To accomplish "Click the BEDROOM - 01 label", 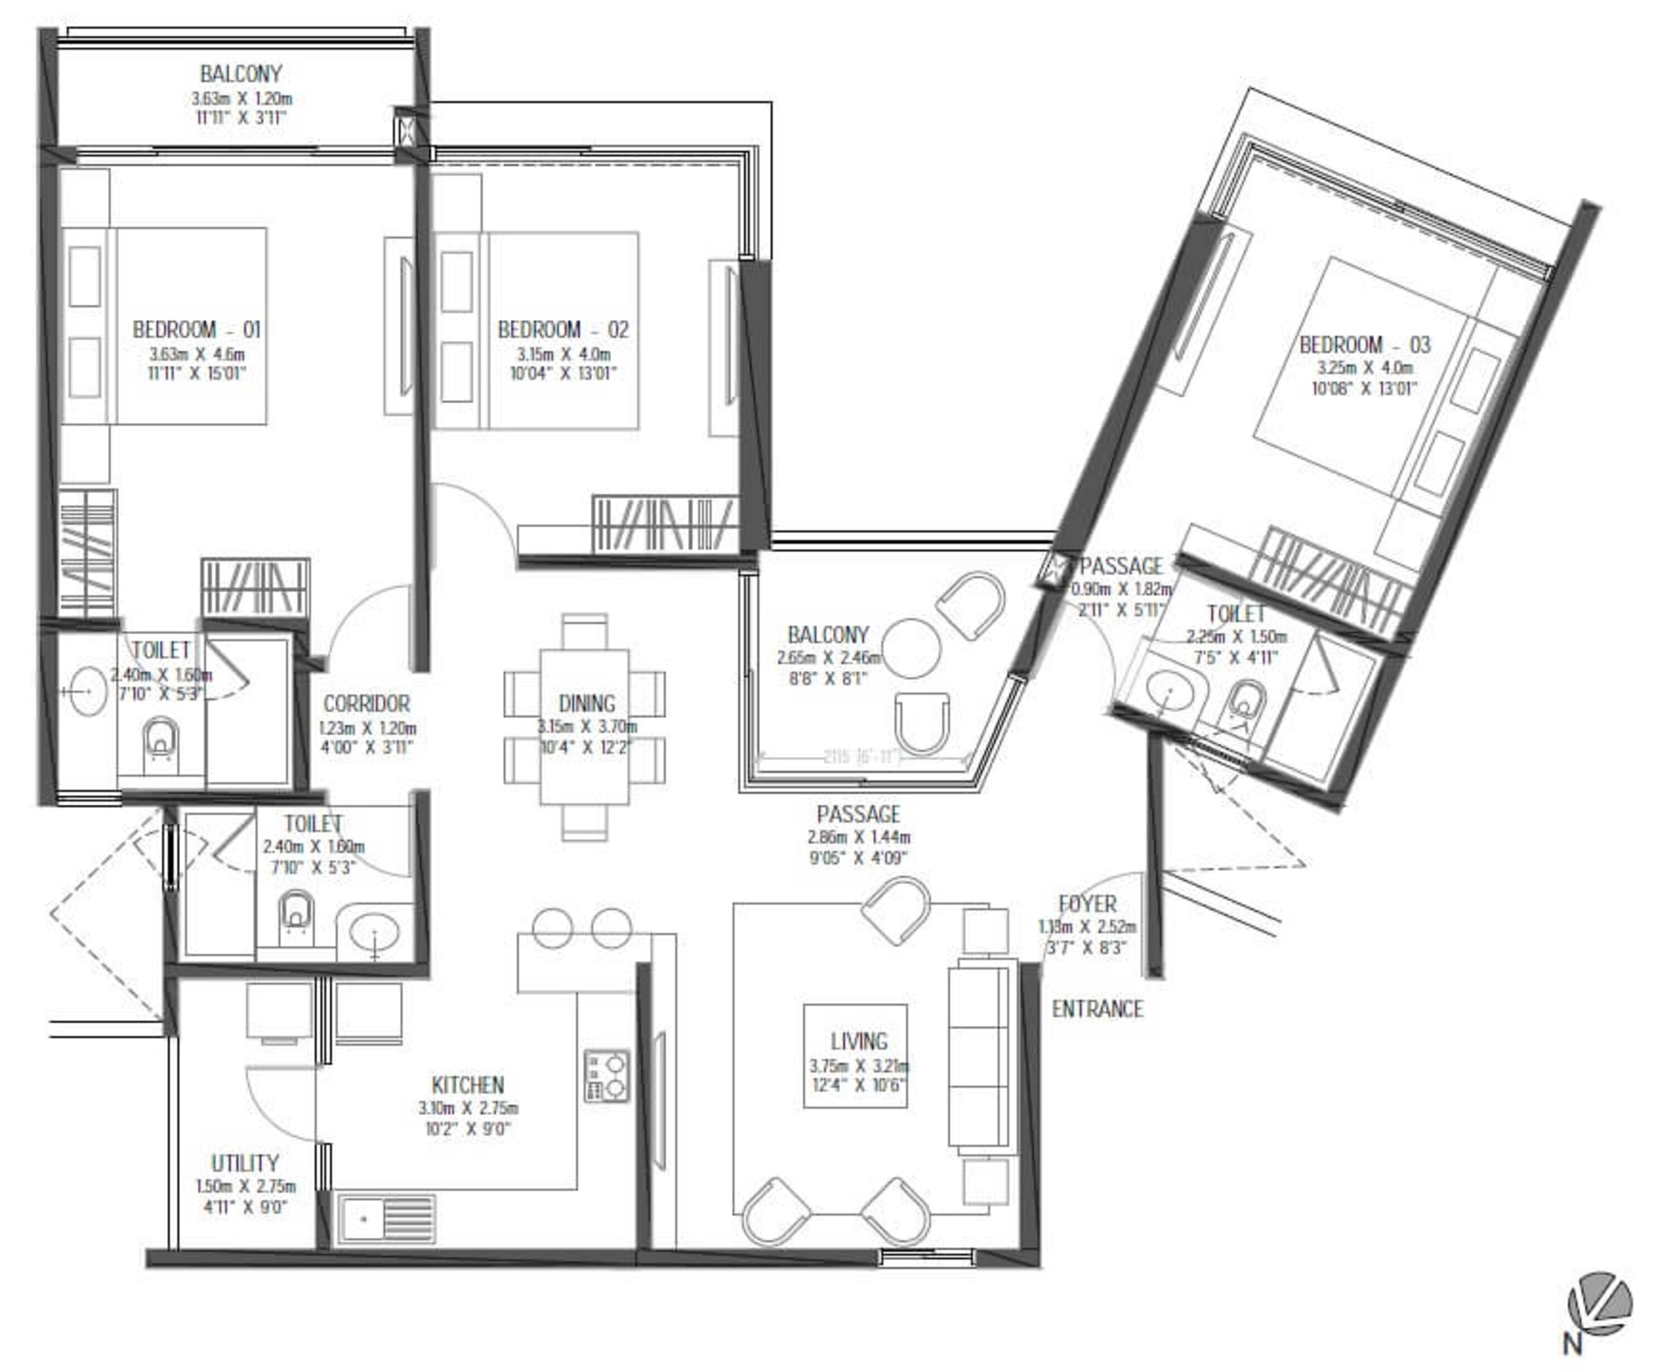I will [196, 330].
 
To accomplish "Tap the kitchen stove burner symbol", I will [606, 1076].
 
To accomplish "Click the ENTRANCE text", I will [1097, 1009].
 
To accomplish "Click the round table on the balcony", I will [911, 648].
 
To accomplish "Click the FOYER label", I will [1087, 904].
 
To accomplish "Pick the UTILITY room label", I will [245, 1163].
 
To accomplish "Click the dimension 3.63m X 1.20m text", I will [242, 99].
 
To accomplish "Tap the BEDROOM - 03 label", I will [1365, 345].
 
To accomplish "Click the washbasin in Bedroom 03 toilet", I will [1169, 692].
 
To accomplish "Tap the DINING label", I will [586, 703].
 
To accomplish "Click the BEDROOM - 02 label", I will [563, 330].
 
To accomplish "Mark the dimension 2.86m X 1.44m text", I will [858, 837].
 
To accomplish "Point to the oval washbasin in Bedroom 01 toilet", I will [87, 691].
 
